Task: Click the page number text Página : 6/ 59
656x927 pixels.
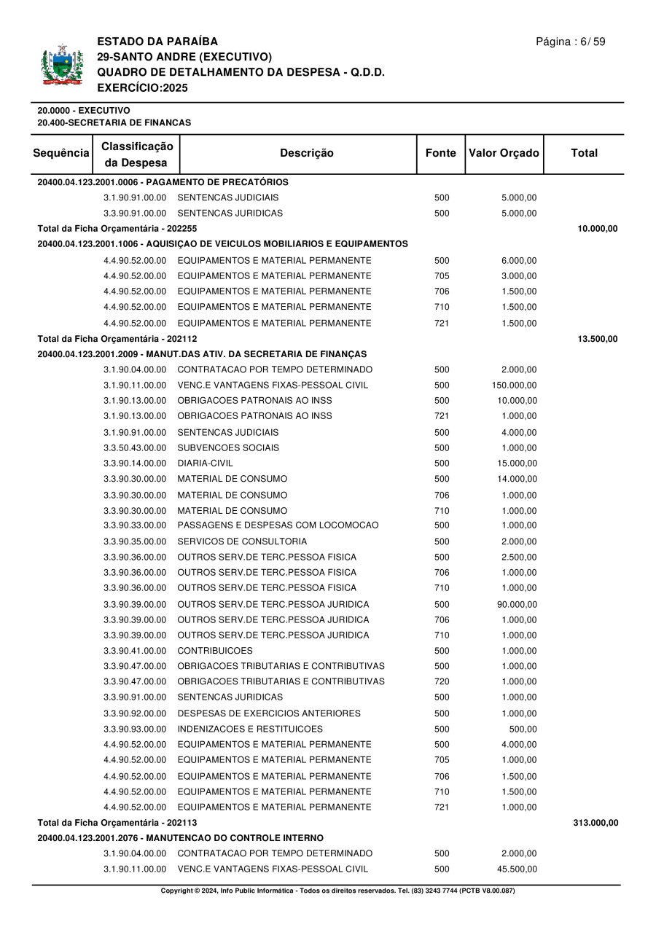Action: point(570,42)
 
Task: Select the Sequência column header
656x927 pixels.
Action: point(62,153)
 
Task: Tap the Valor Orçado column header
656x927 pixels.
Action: point(504,153)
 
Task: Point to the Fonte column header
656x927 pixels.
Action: point(440,153)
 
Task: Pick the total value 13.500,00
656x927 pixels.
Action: point(598,339)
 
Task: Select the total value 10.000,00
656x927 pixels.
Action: point(598,229)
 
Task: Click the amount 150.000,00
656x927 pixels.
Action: point(515,385)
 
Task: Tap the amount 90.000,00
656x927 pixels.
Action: point(517,604)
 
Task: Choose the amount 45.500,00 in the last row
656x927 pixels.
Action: point(517,869)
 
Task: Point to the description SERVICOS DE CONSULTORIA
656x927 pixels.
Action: point(242,541)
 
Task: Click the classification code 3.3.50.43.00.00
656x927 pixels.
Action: point(135,447)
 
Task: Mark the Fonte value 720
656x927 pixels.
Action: point(442,681)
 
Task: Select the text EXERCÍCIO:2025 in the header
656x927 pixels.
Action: point(142,87)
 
